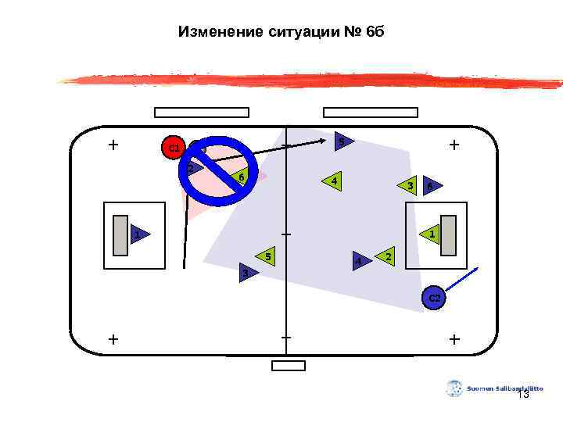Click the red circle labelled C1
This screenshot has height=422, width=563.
click(173, 147)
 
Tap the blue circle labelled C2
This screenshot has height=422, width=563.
click(434, 299)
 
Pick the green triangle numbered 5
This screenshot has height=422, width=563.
click(267, 256)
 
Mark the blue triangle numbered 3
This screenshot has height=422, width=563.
click(246, 273)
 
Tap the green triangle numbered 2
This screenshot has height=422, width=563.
click(388, 256)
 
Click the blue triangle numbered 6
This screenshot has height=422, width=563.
click(429, 186)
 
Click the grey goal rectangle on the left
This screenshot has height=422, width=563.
click(120, 234)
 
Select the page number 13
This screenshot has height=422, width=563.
click(523, 395)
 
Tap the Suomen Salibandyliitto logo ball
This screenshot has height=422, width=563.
click(454, 388)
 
